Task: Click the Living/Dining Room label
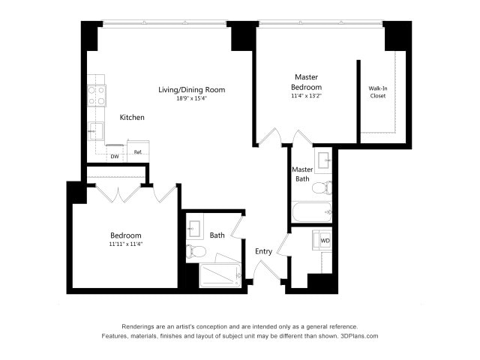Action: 191,90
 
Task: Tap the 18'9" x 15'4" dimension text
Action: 191,98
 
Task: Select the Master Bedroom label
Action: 307,82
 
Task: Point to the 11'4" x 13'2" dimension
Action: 307,95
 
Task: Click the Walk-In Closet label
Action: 378,91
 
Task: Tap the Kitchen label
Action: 132,118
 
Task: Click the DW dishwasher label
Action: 115,157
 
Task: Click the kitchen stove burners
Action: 97,94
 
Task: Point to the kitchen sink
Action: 96,130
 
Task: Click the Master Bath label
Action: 302,174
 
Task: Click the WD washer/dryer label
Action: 325,241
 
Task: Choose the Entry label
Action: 264,251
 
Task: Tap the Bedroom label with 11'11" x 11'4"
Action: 125,235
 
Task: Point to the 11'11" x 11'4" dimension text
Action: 125,244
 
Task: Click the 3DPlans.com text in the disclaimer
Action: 359,336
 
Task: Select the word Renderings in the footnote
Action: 140,326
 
